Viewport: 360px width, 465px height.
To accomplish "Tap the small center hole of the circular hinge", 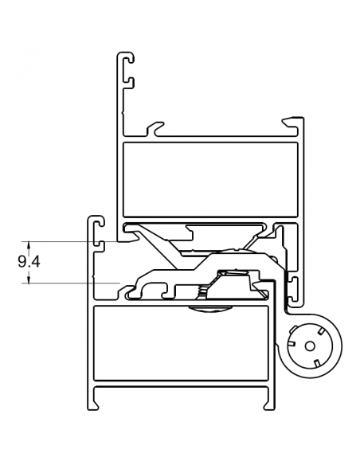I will click(x=307, y=346).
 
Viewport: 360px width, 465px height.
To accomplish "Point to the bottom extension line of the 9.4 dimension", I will click(x=72, y=283).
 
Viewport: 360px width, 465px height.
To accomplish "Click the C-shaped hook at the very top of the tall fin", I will click(x=126, y=67).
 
